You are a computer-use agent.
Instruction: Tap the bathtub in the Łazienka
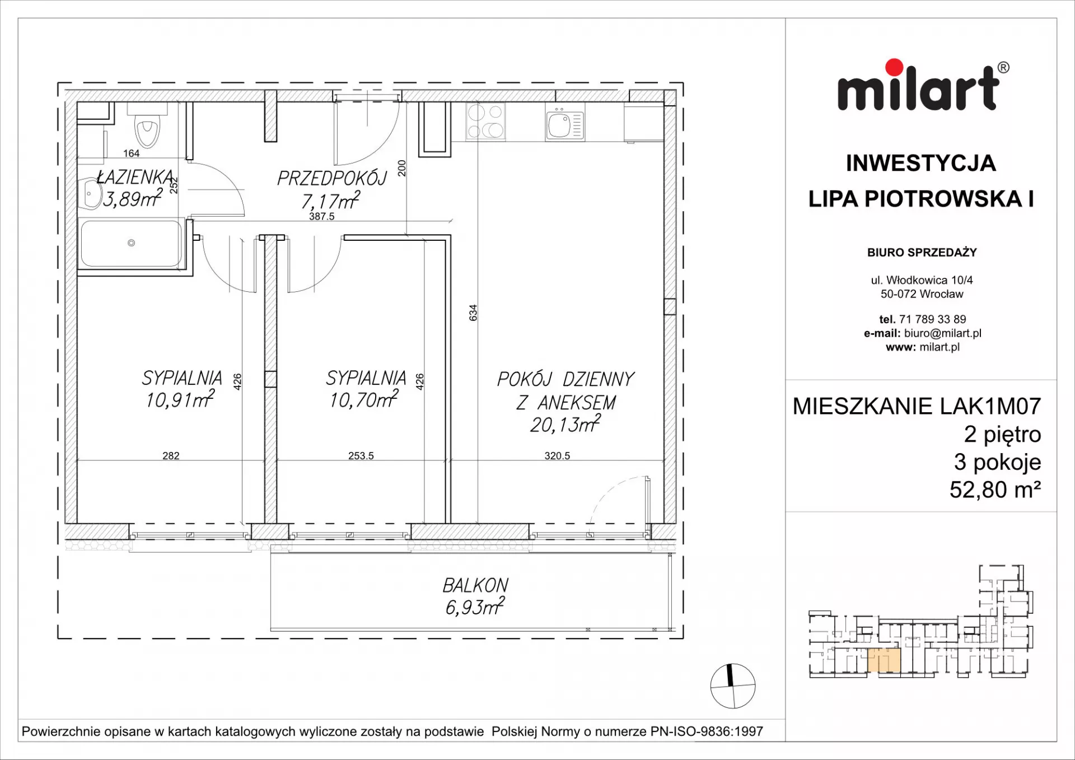[x=132, y=243]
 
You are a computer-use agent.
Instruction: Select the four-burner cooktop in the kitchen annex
[x=485, y=122]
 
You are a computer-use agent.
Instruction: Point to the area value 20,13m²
[x=565, y=424]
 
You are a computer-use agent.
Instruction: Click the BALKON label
[x=475, y=585]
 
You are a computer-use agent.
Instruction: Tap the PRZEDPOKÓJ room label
[x=332, y=178]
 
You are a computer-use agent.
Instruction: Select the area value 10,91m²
[x=180, y=399]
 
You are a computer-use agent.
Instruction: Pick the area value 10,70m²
[x=364, y=399]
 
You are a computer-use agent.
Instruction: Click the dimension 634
[x=473, y=313]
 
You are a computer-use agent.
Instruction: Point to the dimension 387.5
[x=321, y=216]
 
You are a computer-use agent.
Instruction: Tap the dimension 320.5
[x=557, y=456]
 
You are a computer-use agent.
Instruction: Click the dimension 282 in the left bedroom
[x=171, y=456]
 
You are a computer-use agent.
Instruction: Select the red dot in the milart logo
[x=894, y=67]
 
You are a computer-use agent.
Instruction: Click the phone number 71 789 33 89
[x=932, y=319]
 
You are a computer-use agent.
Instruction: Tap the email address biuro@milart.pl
[x=943, y=333]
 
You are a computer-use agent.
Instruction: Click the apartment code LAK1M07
[x=990, y=407]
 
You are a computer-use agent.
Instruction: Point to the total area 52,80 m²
[x=995, y=490]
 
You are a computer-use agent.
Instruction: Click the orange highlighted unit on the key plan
[x=884, y=660]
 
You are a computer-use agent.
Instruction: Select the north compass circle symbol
[x=732, y=686]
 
